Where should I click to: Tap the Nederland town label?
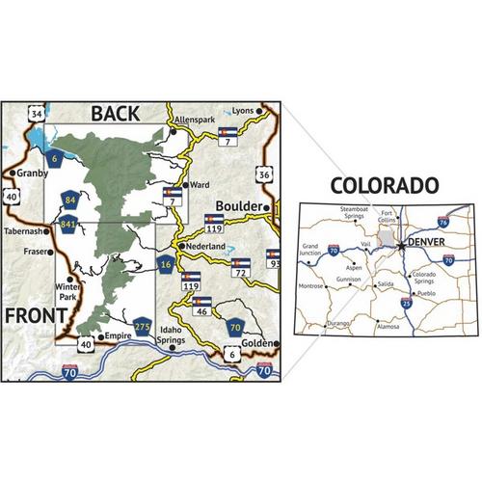205,247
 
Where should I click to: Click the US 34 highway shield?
38,116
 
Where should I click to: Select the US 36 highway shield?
264,174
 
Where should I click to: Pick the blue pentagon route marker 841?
67,225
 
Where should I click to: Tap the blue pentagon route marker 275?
143,326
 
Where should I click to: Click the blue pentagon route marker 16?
166,264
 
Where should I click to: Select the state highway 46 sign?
202,306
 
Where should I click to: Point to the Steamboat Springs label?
356,210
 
